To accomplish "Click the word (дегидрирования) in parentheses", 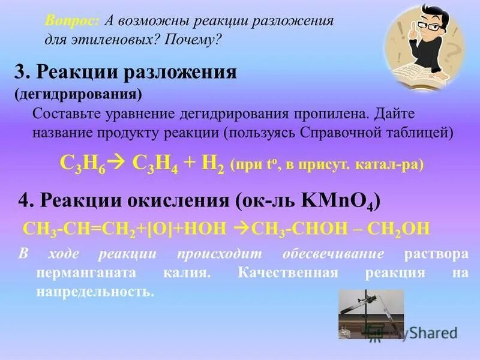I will pos(78,94).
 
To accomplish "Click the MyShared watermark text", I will pos(423,333).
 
